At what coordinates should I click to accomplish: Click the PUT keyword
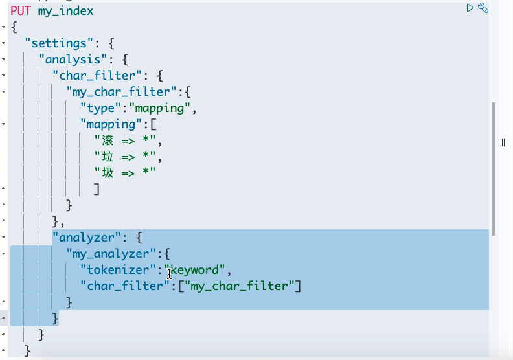(21, 11)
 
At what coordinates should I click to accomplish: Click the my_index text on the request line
(66, 11)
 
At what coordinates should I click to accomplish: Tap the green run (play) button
(470, 8)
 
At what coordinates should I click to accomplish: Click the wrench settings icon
(483, 8)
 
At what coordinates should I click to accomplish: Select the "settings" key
(56, 43)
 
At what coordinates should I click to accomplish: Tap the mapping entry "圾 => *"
(126, 173)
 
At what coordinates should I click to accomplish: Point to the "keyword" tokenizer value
(196, 270)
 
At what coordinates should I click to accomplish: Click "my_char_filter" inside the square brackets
(239, 286)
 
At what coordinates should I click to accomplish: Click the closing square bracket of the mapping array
(97, 189)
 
